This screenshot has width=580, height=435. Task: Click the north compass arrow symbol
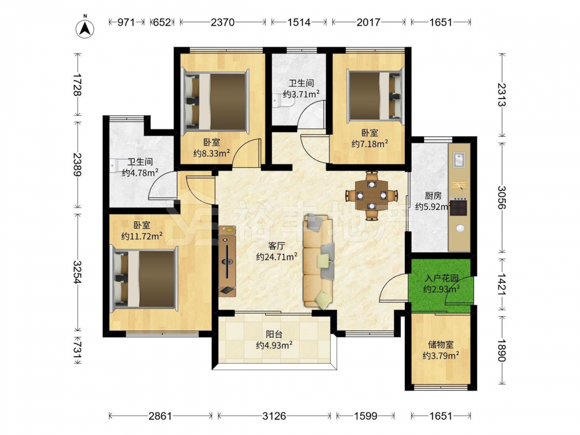[x=85, y=28]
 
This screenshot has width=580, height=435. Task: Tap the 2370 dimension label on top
[x=223, y=23]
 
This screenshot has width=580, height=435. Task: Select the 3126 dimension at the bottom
[x=274, y=416]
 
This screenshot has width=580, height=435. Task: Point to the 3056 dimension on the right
[x=501, y=198]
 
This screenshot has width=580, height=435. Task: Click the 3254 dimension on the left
[x=77, y=272]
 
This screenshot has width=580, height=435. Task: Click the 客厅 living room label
[x=276, y=246]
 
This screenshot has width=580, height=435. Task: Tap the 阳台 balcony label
[x=274, y=335]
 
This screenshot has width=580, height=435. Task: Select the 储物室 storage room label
[x=441, y=345]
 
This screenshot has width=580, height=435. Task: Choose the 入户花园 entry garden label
[x=441, y=278]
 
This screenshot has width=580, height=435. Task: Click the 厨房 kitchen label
[x=433, y=195]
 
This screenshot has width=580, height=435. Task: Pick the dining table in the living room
[x=372, y=195]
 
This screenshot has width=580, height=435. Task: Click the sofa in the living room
[x=318, y=262]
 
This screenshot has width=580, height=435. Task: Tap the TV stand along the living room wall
[x=227, y=262]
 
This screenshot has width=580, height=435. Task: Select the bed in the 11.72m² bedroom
[x=144, y=279]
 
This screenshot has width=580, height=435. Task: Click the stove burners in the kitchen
[x=459, y=208]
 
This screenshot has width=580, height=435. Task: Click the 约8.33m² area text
[x=212, y=153]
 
